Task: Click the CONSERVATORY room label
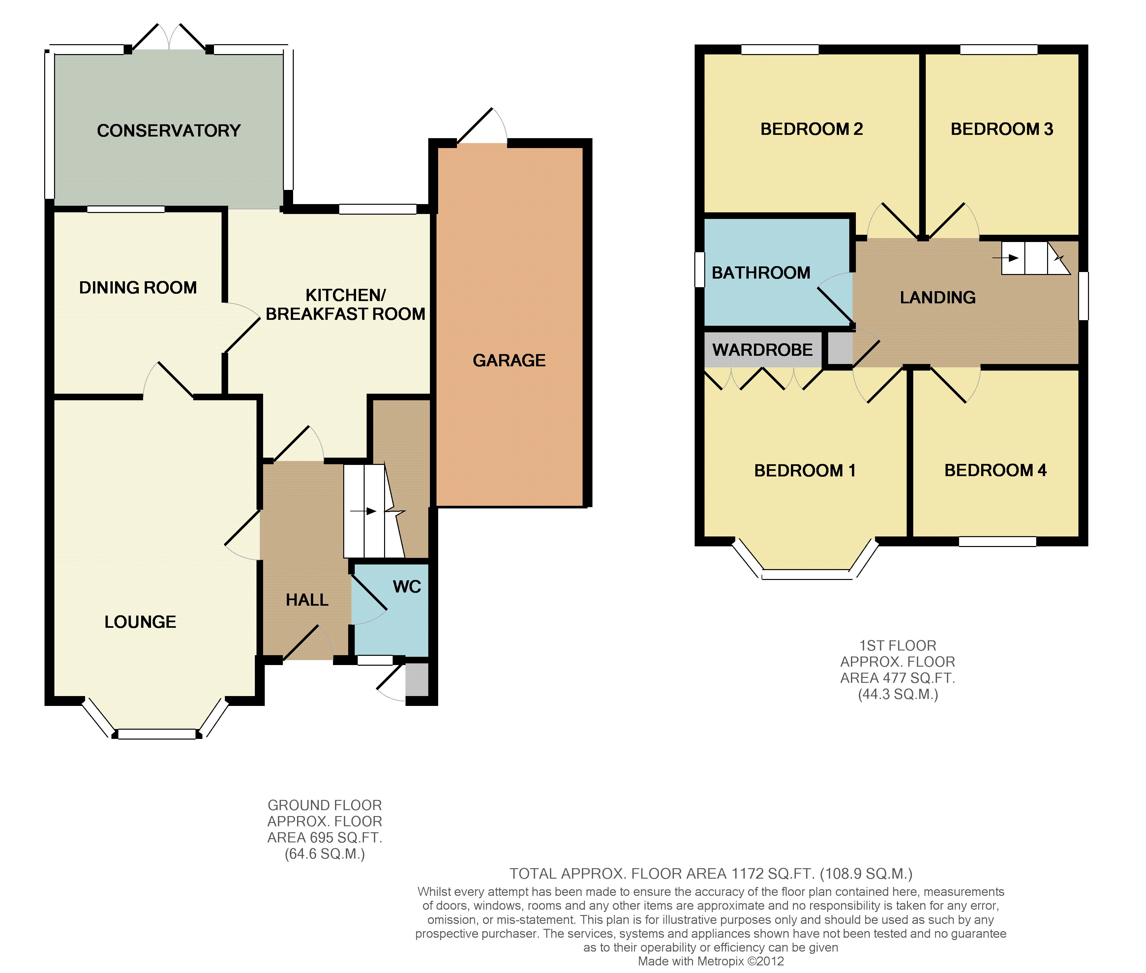coord(169,131)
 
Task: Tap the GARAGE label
coord(509,360)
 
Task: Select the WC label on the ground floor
coord(407,586)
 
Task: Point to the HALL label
coord(307,599)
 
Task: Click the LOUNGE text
coord(140,622)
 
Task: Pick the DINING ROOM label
coord(138,288)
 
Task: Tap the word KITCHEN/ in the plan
coord(346,295)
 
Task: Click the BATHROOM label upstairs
coord(761,272)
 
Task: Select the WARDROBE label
coord(762,350)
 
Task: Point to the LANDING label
coord(938,297)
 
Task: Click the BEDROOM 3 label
coord(1002,129)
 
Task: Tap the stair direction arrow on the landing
coord(1005,258)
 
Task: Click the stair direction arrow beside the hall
coord(363,511)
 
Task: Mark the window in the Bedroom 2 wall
coord(780,50)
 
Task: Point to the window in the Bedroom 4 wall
coord(997,542)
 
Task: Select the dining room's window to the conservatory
coord(126,209)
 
